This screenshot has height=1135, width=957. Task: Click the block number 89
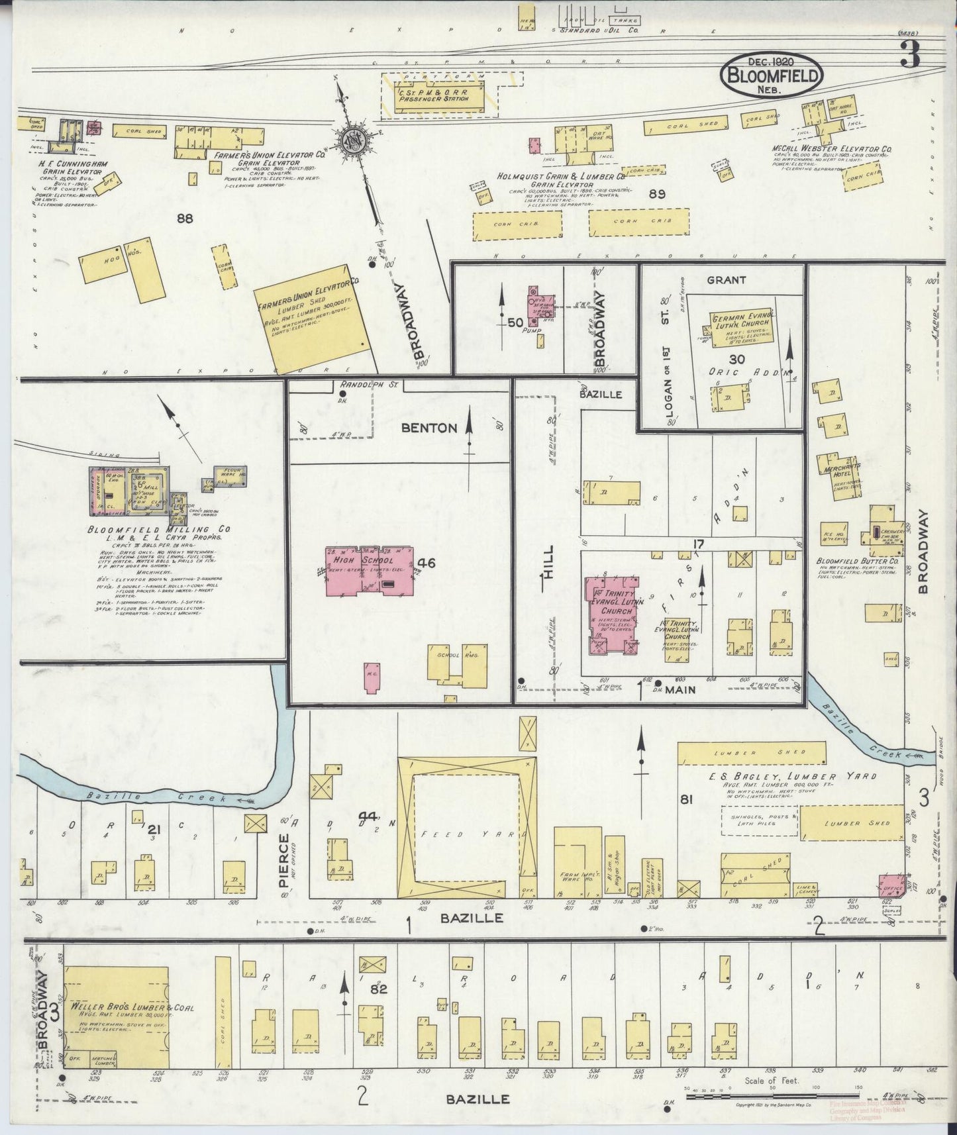[x=656, y=194]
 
